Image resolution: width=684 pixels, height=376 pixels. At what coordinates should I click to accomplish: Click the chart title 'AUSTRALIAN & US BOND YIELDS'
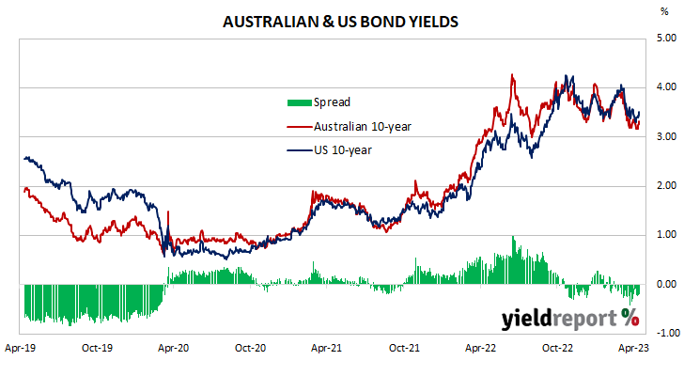339,20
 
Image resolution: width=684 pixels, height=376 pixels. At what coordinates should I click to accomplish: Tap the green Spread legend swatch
298,102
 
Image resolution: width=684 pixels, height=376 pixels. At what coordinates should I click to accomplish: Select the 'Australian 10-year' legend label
362,126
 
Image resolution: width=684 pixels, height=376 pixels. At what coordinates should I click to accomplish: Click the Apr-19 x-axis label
22,348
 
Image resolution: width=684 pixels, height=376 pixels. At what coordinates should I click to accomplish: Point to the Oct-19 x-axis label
98,348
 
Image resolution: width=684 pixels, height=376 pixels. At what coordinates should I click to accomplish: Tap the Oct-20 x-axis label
250,348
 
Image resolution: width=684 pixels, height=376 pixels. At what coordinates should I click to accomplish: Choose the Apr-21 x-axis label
327,348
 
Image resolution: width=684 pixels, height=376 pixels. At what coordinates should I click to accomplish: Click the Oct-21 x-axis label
403,348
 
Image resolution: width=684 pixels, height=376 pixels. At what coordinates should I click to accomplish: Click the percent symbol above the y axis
666,11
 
